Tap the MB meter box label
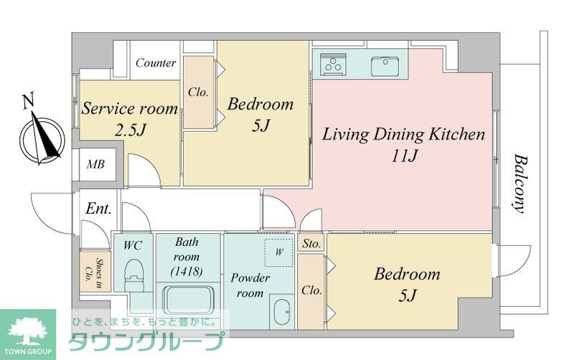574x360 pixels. [x=95, y=164]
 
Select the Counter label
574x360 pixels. [x=156, y=63]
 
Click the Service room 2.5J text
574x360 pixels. [x=130, y=119]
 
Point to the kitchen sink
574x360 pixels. [x=385, y=65]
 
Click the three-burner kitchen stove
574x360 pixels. [x=333, y=64]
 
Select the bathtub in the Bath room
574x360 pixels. [x=189, y=300]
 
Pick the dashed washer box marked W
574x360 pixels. [x=279, y=252]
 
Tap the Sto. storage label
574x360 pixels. [x=311, y=244]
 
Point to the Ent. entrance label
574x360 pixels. [x=98, y=209]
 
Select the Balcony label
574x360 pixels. [x=520, y=184]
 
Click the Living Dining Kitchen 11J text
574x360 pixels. [x=403, y=145]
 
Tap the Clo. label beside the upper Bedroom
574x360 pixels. [x=198, y=92]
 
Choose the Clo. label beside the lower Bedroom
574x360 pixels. [x=311, y=290]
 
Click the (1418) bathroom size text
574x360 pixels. [x=187, y=272]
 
